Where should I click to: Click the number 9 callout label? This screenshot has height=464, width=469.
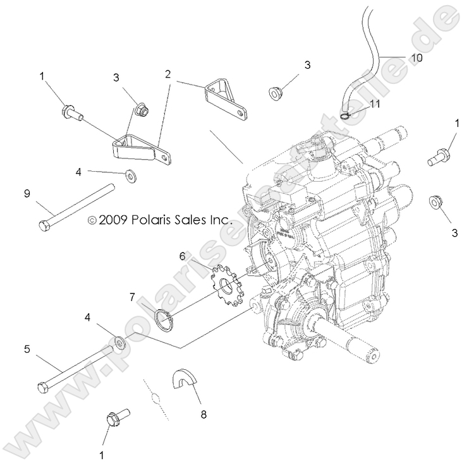(x=27, y=194)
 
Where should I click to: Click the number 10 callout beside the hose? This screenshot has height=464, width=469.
(x=415, y=57)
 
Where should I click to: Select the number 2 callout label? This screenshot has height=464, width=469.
(x=167, y=74)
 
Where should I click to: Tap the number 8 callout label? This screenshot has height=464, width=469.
(x=203, y=415)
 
